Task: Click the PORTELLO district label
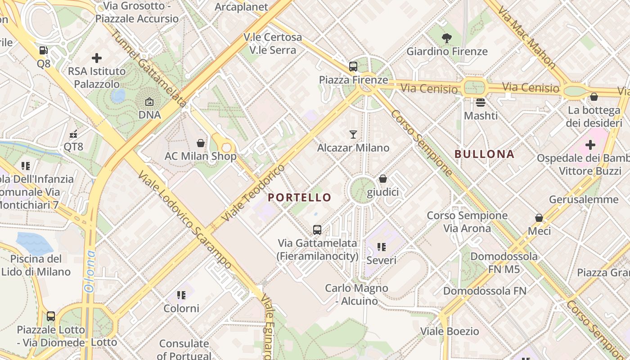click(299, 197)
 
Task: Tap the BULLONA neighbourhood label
click(484, 154)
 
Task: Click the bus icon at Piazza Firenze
click(353, 67)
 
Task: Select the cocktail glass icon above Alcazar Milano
click(353, 134)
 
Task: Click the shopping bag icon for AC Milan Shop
click(201, 143)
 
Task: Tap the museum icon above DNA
click(149, 102)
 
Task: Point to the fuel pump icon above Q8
click(44, 50)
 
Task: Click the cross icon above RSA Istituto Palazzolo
click(96, 58)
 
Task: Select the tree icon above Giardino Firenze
click(447, 38)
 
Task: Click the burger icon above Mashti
click(481, 103)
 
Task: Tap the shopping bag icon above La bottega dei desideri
click(594, 97)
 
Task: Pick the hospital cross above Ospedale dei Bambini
click(590, 145)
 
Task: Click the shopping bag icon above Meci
click(539, 218)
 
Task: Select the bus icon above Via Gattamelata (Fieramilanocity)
click(317, 230)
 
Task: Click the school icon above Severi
click(382, 247)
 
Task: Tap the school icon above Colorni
click(181, 295)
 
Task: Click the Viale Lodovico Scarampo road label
click(185, 220)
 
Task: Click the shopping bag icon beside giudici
click(383, 179)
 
